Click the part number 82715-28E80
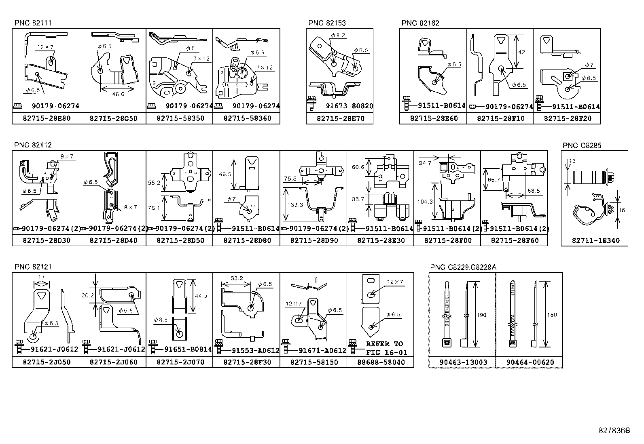click(x=45, y=118)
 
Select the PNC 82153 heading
click(x=327, y=23)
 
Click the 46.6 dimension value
click(x=117, y=94)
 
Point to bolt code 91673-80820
click(x=349, y=106)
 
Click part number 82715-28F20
click(x=567, y=118)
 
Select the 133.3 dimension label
click(x=295, y=205)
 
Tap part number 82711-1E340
click(x=594, y=240)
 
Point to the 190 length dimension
click(x=481, y=315)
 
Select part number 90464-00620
click(x=530, y=362)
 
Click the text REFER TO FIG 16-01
click(x=386, y=348)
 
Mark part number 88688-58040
click(x=380, y=362)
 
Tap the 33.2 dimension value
click(x=237, y=278)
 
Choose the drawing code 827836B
click(x=614, y=430)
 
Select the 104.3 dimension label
click(x=425, y=201)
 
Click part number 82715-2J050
click(x=45, y=362)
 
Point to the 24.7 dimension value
click(x=425, y=163)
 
